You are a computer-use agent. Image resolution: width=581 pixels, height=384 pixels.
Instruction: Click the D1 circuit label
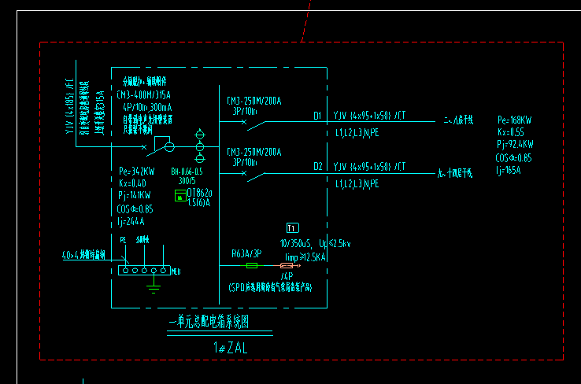(318, 116)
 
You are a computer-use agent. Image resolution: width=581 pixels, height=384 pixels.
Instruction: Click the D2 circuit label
(318, 166)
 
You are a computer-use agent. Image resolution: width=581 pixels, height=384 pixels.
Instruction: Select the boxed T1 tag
(293, 228)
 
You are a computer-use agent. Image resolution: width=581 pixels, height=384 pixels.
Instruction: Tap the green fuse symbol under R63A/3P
(252, 266)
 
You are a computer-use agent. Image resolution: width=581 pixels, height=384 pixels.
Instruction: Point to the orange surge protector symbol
(287, 266)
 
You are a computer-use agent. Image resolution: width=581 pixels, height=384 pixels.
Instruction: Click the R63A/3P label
(246, 254)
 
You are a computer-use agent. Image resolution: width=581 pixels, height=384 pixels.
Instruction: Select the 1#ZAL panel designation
(230, 347)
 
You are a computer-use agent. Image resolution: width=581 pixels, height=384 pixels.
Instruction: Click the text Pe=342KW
(135, 171)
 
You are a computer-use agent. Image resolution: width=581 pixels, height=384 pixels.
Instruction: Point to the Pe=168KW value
(515, 120)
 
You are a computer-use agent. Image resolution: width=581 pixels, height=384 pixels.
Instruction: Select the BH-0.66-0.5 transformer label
(187, 171)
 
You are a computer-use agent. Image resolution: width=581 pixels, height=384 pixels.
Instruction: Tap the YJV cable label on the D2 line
(369, 166)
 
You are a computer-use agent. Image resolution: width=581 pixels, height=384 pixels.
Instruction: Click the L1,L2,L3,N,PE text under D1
(357, 134)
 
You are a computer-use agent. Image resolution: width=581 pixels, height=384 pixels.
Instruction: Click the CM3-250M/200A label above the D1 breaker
(254, 101)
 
